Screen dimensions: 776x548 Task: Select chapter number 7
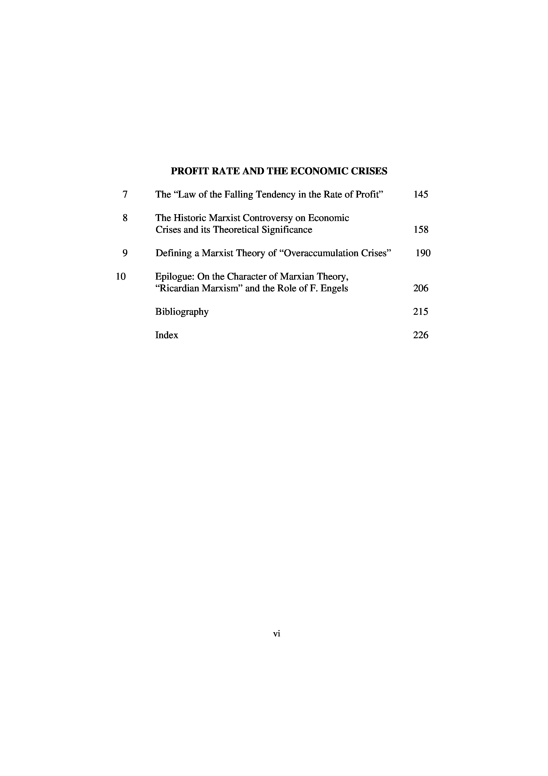click(x=125, y=195)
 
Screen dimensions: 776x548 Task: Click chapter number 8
click(x=125, y=218)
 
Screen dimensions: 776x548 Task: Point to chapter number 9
click(x=125, y=253)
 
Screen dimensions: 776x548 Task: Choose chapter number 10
click(x=121, y=277)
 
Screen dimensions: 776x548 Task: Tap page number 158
click(x=421, y=230)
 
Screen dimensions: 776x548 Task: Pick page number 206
click(x=421, y=288)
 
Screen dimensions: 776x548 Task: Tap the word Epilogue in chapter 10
click(x=173, y=277)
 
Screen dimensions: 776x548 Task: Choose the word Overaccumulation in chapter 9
click(x=319, y=253)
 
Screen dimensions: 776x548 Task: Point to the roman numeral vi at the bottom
click(x=276, y=634)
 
